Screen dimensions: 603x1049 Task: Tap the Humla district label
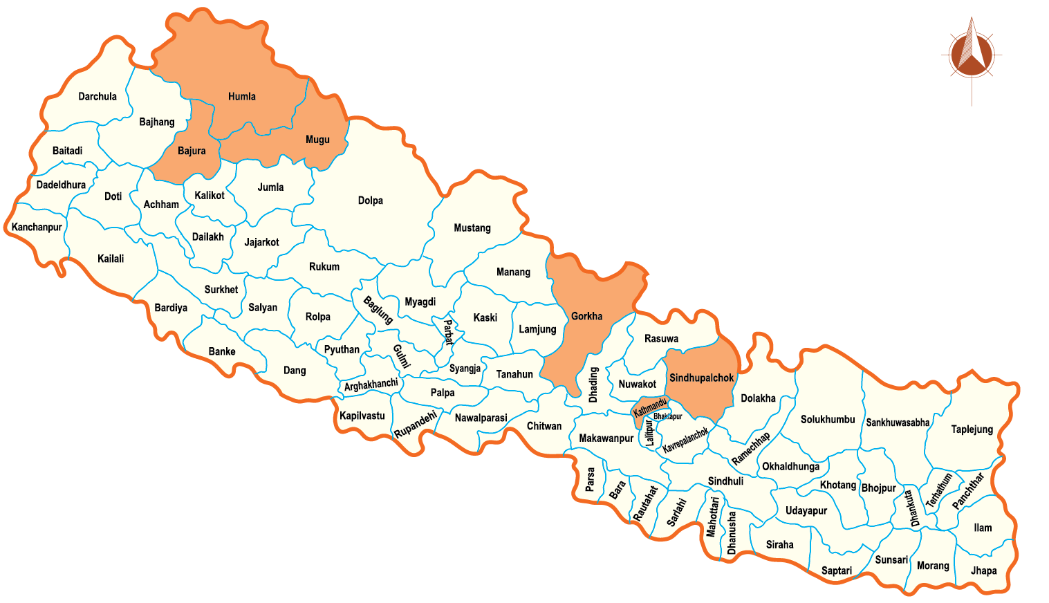pyautogui.click(x=242, y=97)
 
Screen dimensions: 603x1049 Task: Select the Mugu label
pyautogui.click(x=317, y=140)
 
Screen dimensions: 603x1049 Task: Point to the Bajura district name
pyautogui.click(x=192, y=151)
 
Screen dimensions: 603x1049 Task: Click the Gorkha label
pyautogui.click(x=586, y=316)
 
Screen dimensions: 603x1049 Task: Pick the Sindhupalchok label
pyautogui.click(x=701, y=378)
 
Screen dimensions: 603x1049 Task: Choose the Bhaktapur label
pyautogui.click(x=668, y=416)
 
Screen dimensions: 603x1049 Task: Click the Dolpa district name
pyautogui.click(x=370, y=201)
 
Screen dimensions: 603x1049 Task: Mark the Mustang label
pyautogui.click(x=472, y=228)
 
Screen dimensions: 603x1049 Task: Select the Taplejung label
pyautogui.click(x=972, y=429)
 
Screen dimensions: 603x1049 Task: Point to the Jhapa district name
pyautogui.click(x=983, y=570)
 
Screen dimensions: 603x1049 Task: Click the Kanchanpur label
pyautogui.click(x=37, y=227)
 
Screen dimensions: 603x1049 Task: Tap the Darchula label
pyautogui.click(x=98, y=97)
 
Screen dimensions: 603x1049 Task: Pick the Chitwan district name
pyautogui.click(x=544, y=426)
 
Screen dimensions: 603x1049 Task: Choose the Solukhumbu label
pyautogui.click(x=828, y=420)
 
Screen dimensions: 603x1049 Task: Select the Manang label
pyautogui.click(x=513, y=272)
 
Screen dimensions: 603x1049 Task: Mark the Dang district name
pyautogui.click(x=295, y=371)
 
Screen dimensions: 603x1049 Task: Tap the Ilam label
pyautogui.click(x=983, y=528)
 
